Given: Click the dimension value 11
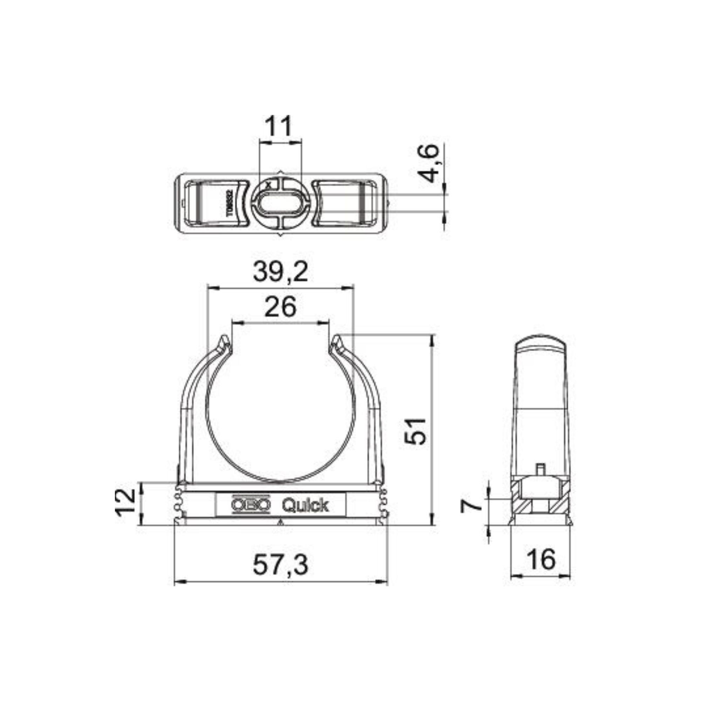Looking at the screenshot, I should tap(278, 127).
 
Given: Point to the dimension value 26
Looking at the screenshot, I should tap(280, 307).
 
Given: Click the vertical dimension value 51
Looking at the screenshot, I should tap(416, 431).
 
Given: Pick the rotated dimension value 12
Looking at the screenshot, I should tap(125, 503).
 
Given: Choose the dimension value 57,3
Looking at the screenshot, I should tap(280, 565).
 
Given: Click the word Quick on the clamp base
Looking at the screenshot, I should tap(305, 505).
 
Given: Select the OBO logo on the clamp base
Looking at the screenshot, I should tap(251, 505).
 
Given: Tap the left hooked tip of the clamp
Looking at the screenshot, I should tap(225, 341).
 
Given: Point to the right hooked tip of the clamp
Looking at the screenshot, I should tap(336, 341).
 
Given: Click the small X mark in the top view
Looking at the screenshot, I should tap(268, 185).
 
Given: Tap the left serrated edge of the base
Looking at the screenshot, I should tap(177, 504).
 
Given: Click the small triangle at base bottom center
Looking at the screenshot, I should tap(279, 523).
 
